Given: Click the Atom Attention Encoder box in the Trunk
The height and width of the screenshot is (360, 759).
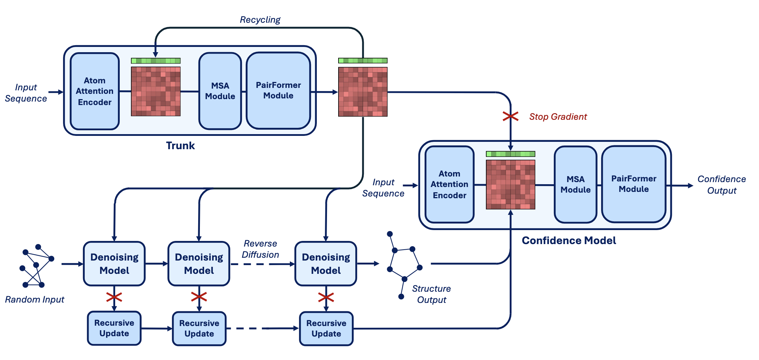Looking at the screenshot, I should pos(95,91).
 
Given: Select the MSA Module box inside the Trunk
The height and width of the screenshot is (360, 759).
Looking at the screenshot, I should pos(220,91).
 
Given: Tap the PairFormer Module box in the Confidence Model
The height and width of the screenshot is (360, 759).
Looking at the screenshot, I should pos(633,184).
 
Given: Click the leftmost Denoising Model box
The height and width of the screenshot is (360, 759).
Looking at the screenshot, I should pos(114,264).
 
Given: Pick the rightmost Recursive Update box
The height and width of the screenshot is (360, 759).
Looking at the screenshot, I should pos(326,328).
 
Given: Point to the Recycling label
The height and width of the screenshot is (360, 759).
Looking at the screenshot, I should pos(260,20).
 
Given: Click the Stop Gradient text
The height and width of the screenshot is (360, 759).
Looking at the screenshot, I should pos(558,117).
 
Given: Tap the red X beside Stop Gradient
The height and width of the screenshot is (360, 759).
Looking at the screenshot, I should pos(510,116).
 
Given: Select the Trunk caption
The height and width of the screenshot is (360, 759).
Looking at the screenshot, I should pos(180,146).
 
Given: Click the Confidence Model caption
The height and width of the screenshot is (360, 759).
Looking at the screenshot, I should pos(569,241).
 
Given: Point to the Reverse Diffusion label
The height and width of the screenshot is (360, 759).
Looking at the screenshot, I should pos(260,249).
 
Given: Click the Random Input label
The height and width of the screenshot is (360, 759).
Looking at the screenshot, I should pos(35,300).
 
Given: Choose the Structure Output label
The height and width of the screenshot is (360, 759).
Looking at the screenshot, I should pos(431,294).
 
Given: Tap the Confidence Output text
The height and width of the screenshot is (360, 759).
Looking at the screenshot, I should pos(722,185).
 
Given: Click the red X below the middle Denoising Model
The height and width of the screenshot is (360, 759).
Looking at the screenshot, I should pos(199,297).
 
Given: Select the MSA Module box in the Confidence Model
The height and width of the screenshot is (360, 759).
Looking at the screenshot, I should pos(575,185).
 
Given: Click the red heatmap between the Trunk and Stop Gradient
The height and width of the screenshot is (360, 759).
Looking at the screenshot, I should pos(363,92).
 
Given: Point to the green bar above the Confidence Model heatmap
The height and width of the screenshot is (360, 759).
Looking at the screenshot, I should pos(510,154).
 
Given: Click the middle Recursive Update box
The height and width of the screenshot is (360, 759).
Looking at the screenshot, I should pos(199,328).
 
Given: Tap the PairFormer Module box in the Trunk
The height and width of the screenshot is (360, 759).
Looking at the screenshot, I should pos(278,91).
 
